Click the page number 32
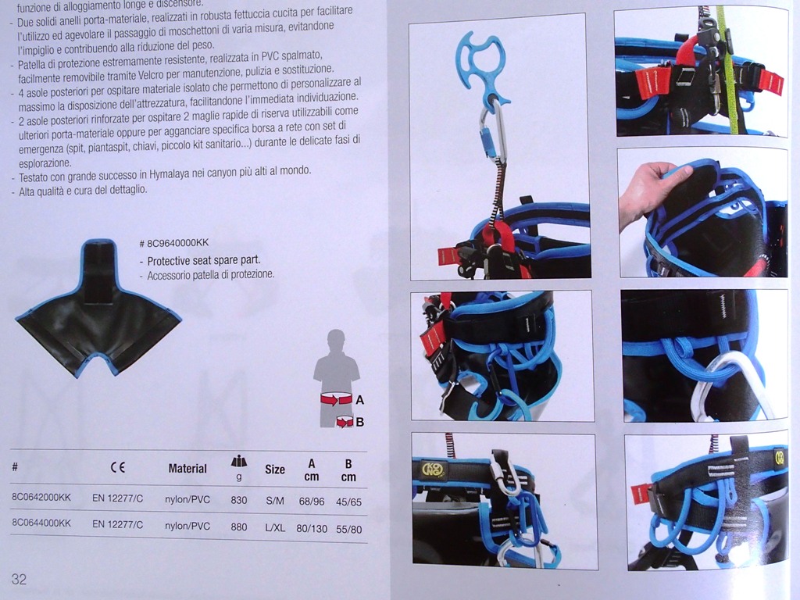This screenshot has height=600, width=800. click(x=19, y=579)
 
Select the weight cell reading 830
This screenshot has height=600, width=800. click(x=239, y=500)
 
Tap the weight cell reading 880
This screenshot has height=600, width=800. click(x=239, y=527)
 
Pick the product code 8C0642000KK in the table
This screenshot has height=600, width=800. click(x=41, y=498)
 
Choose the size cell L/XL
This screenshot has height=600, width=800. click(x=275, y=527)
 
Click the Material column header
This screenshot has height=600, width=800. click(x=187, y=469)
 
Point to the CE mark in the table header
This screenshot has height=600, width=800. click(x=118, y=467)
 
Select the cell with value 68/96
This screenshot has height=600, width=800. click(x=311, y=502)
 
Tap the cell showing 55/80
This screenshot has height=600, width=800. click(x=349, y=529)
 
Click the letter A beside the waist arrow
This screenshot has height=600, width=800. click(x=359, y=400)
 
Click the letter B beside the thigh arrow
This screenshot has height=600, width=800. click(x=359, y=422)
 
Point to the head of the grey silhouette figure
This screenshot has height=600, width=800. click(x=336, y=340)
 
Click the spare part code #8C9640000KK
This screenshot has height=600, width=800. click(x=174, y=243)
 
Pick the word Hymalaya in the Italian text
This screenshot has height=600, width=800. click(x=169, y=174)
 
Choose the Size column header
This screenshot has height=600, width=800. click(x=275, y=470)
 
